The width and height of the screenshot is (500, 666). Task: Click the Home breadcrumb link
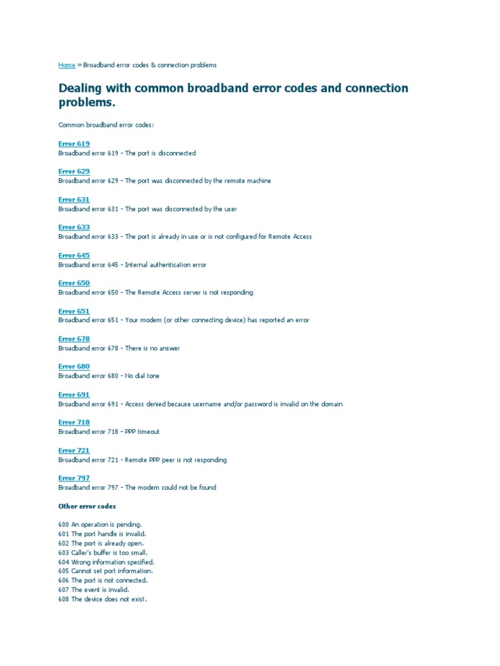66,65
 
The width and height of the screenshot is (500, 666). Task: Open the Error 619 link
74,144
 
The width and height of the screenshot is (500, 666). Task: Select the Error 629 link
74,172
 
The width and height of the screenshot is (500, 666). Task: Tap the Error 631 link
74,200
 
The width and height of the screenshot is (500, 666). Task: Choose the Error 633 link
74,228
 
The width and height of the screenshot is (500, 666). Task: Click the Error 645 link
74,256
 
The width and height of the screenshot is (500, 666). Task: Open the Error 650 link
74,283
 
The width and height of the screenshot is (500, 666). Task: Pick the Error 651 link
74,311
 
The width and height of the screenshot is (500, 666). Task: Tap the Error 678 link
74,339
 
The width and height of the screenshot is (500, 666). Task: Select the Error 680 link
74,367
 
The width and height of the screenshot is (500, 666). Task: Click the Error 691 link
74,395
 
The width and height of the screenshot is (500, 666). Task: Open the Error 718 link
74,422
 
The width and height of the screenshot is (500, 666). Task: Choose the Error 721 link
74,450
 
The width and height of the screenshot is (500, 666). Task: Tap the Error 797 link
74,478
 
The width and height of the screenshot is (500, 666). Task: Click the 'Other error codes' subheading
87,506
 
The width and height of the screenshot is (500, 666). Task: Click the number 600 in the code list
63,524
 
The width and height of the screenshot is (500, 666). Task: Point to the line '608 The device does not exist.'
102,599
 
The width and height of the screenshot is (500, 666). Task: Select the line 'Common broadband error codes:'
106,124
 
